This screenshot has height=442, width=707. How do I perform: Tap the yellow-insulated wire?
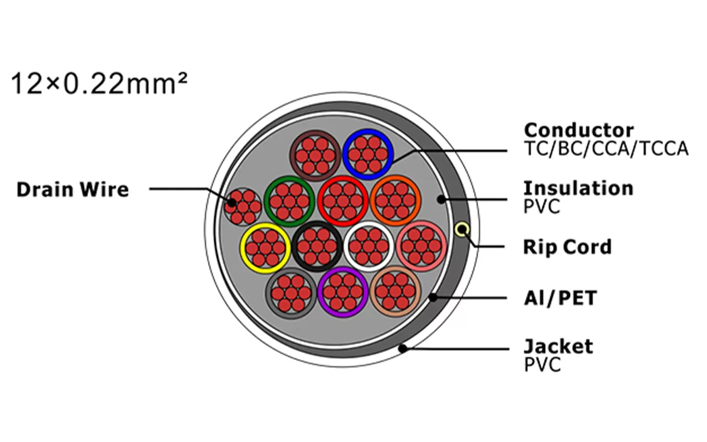(266, 248)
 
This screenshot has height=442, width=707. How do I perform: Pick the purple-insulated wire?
(343, 292)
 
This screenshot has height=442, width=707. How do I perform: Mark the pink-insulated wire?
(421, 246)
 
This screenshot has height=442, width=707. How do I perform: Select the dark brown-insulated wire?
(315, 155)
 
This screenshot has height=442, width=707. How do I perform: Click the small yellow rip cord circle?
(462, 229)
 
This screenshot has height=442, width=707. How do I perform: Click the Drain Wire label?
(72, 190)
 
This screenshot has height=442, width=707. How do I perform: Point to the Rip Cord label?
(567, 247)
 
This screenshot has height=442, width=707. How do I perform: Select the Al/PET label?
(560, 298)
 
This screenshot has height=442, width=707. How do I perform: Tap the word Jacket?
(558, 346)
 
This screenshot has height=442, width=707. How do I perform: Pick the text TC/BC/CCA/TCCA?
(606, 149)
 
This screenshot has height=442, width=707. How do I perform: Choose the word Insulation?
(578, 188)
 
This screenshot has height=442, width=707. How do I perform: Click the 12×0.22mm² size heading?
(99, 84)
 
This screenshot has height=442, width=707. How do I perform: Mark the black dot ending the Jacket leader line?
(403, 348)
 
